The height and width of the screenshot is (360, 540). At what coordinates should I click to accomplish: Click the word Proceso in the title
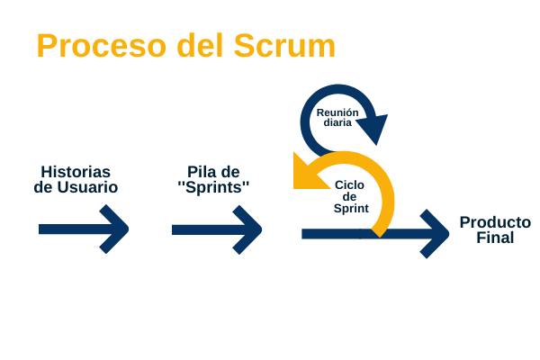(x=102, y=46)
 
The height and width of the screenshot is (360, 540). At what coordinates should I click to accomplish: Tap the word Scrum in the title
(x=284, y=46)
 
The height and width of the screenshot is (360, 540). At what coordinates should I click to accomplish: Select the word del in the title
(x=200, y=46)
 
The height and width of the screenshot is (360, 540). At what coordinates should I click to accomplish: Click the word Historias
(x=76, y=172)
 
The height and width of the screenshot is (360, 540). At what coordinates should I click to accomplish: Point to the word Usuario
(x=87, y=187)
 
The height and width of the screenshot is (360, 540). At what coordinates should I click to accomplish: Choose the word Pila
(x=200, y=172)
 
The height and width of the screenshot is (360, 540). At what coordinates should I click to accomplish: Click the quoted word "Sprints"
(x=213, y=187)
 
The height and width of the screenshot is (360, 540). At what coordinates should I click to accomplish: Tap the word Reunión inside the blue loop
(x=337, y=112)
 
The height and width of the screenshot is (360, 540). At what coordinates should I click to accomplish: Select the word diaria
(x=337, y=122)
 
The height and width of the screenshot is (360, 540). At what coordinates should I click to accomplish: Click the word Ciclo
(x=349, y=185)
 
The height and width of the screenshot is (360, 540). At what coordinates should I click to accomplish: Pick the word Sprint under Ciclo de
(x=351, y=209)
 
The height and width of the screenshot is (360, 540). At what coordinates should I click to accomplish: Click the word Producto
(x=495, y=222)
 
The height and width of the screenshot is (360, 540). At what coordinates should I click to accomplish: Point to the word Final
(x=495, y=238)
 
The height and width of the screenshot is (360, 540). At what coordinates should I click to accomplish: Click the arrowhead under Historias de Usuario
(x=114, y=229)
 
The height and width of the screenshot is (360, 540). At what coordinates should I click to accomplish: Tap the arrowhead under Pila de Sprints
(x=247, y=229)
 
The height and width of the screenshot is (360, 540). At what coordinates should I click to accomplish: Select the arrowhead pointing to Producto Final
(x=435, y=234)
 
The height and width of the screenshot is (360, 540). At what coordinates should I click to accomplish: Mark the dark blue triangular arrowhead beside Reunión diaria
(x=373, y=127)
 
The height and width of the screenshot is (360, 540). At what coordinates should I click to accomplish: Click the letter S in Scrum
(x=244, y=46)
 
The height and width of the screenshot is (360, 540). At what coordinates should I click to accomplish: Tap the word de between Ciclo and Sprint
(x=349, y=197)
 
